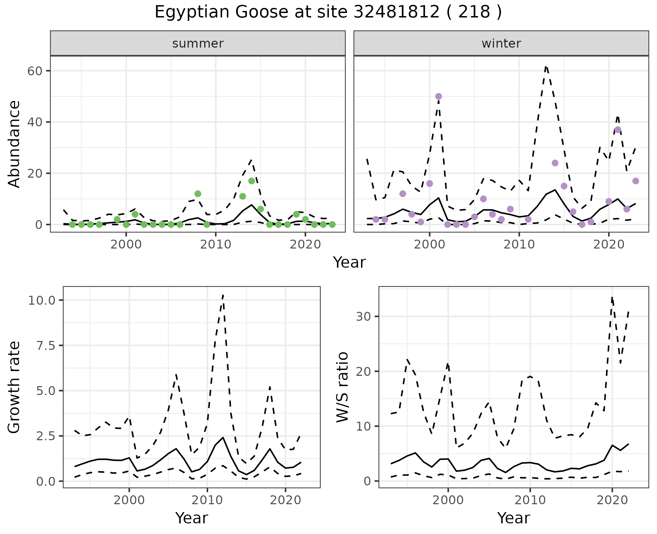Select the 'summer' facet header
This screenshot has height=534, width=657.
[x=198, y=43]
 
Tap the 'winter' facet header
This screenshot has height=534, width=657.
[x=501, y=43]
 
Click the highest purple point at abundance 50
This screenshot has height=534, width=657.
[x=438, y=97]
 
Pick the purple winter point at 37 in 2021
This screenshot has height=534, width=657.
[x=618, y=130]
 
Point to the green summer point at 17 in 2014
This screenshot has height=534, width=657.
[x=252, y=181]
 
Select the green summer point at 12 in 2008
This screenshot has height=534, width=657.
[x=198, y=194]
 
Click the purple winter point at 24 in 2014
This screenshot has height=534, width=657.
[x=555, y=163]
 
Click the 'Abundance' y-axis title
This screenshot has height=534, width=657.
[x=14, y=144]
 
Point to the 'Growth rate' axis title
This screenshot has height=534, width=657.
[x=14, y=387]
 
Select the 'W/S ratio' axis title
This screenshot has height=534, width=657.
[x=342, y=387]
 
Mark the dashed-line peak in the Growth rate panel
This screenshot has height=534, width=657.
[x=223, y=295]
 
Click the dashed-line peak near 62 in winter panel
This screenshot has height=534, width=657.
[x=546, y=67]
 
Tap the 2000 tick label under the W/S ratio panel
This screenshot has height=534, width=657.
[x=448, y=500]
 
